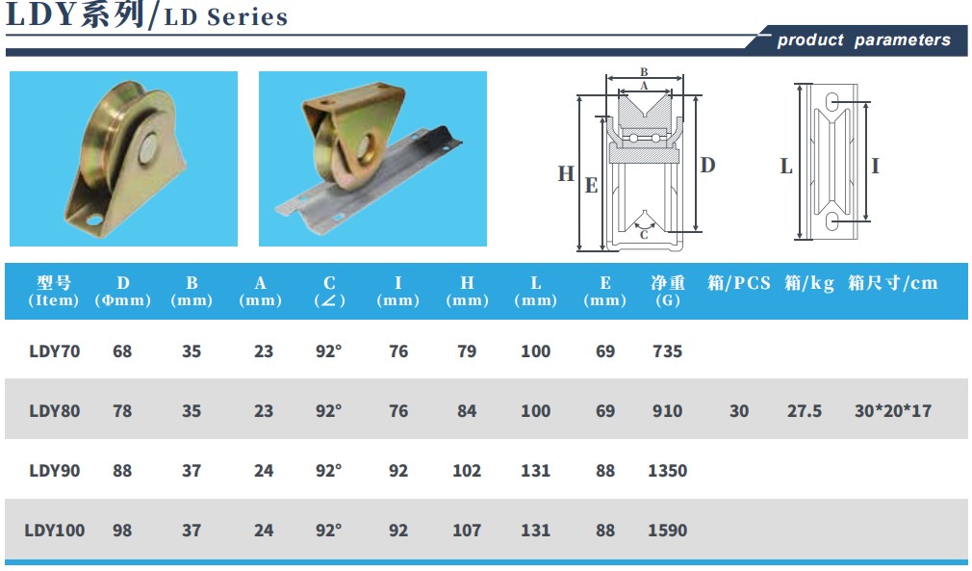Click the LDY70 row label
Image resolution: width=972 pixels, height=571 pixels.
click(x=55, y=351)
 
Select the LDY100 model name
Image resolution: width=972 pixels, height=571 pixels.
click(x=55, y=531)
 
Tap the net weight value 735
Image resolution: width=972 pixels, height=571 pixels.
click(x=667, y=351)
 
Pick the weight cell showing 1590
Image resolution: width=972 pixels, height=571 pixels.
click(x=667, y=531)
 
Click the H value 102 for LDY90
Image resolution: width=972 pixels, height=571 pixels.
click(x=467, y=471)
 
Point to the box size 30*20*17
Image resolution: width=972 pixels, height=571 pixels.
click(x=893, y=411)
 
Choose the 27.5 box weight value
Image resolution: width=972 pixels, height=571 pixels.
click(x=804, y=411)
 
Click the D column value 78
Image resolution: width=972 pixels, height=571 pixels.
click(x=122, y=411)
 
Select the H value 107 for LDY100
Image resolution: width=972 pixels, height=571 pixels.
click(x=467, y=531)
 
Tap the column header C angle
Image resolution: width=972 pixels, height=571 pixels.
click(x=329, y=292)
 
